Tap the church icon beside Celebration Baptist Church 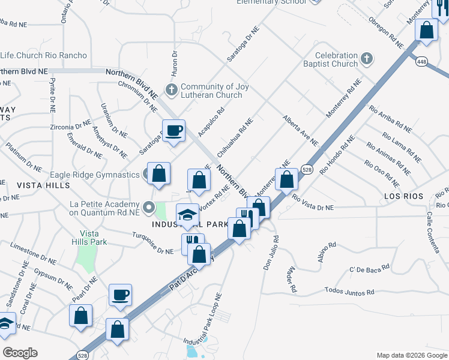pyautogui.click(x=367, y=59)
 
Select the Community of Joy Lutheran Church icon pyautogui.click(x=172, y=90)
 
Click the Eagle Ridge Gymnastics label pyautogui.click(x=95, y=175)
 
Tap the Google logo pyautogui.click(x=20, y=353)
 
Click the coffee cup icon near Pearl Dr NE pyautogui.click(x=120, y=295)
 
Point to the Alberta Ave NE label pyautogui.click(x=300, y=130)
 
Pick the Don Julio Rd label pyautogui.click(x=270, y=253)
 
